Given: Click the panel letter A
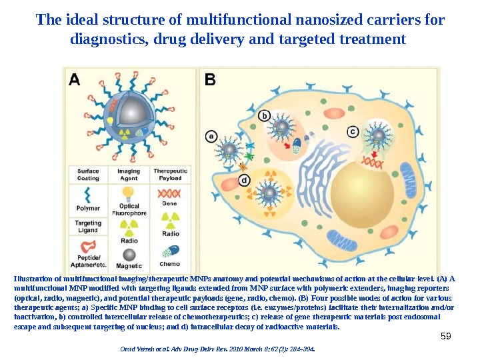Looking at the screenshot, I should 75,79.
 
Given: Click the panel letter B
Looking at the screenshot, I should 210,79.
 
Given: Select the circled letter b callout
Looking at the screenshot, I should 265,116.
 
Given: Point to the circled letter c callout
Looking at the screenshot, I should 353,131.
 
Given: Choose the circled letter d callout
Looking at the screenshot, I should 245,180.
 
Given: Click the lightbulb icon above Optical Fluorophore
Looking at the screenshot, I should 129,192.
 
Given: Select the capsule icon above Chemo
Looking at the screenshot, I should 170,251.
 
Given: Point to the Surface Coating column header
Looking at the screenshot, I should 88,174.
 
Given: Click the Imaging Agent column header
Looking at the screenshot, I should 129,174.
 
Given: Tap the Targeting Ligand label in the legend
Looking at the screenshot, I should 88,227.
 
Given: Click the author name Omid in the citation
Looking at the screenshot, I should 127,348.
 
